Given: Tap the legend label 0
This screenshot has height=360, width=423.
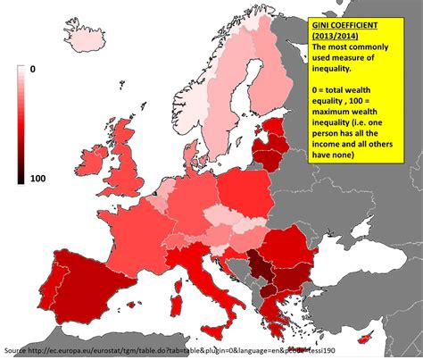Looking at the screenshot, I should pyautogui.click(x=32, y=68).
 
